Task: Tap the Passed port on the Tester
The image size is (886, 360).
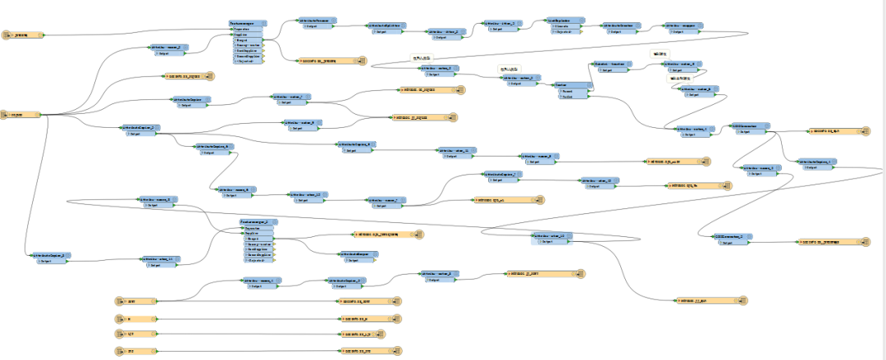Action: click(x=565, y=90)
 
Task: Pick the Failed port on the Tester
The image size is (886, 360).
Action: click(x=565, y=96)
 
